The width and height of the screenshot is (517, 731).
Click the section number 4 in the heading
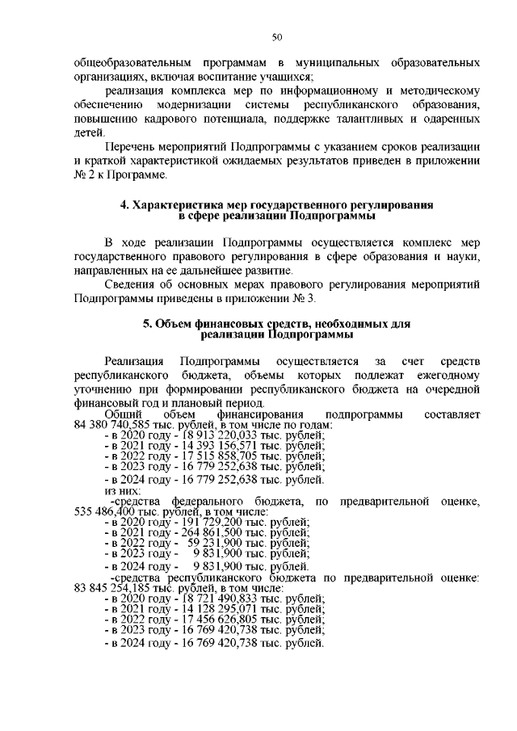pos(124,206)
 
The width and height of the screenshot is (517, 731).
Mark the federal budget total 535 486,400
pos(107,512)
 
